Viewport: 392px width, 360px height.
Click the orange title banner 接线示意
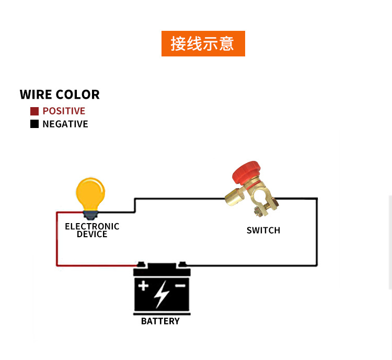coord(203,44)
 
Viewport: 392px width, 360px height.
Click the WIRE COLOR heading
coord(60,95)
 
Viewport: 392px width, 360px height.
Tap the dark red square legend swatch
coord(34,111)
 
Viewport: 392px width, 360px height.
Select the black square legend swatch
coord(34,124)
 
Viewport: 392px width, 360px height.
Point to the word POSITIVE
coord(64,111)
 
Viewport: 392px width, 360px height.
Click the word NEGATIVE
coord(65,124)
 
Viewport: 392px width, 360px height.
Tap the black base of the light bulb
coord(90,214)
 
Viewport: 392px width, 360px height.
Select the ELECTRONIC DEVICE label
coord(92,230)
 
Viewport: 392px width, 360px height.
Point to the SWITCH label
coord(263,230)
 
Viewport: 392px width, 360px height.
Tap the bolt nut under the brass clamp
coord(257,211)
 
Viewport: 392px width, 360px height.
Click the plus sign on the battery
coord(143,286)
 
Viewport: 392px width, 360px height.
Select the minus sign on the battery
coord(180,286)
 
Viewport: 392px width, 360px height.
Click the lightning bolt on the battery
coord(162,294)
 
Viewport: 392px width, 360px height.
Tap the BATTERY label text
coord(160,321)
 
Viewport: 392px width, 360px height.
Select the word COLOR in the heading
coord(77,95)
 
